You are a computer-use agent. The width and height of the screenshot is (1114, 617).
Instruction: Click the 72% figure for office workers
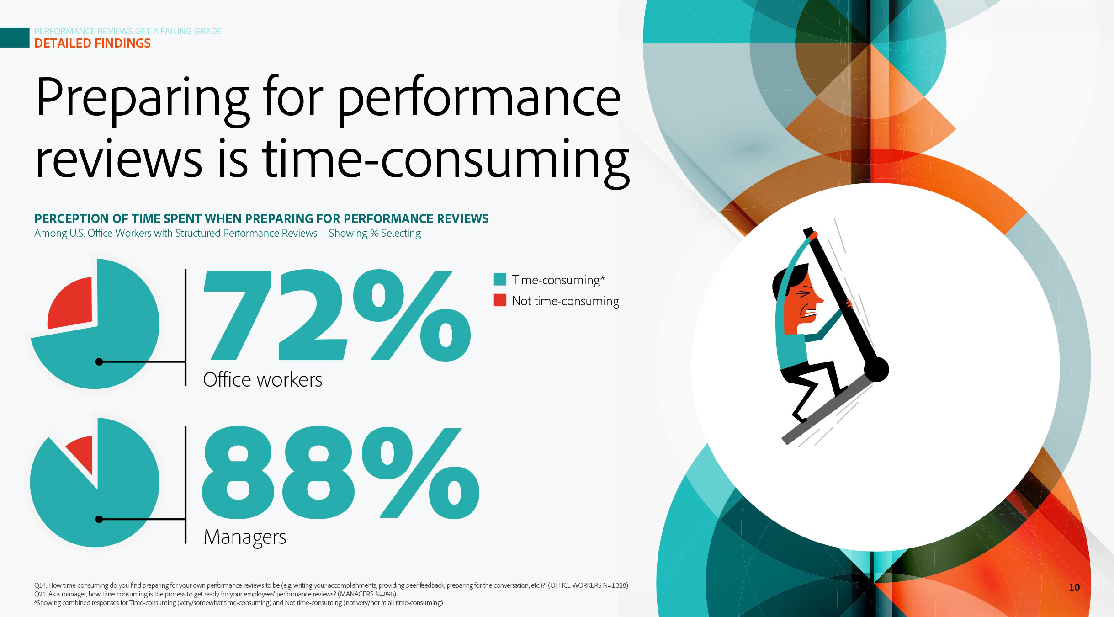pyautogui.click(x=337, y=315)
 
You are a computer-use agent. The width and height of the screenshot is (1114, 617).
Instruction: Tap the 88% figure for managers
pyautogui.click(x=340, y=473)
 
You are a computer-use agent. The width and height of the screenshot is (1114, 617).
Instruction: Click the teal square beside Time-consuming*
pyautogui.click(x=500, y=279)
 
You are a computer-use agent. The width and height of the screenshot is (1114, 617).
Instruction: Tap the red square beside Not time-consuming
pyautogui.click(x=500, y=300)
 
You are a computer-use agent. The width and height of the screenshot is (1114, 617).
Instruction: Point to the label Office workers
pyautogui.click(x=262, y=380)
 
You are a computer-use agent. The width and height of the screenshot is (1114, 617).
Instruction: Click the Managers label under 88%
pyautogui.click(x=245, y=537)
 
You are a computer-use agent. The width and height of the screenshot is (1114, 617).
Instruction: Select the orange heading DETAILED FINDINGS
pyautogui.click(x=92, y=43)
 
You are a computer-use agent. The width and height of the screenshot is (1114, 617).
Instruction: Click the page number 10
pyautogui.click(x=1074, y=587)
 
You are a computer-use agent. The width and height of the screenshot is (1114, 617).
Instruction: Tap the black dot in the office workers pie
pyautogui.click(x=99, y=362)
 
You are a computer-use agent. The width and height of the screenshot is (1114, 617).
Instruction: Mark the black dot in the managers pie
pyautogui.click(x=99, y=519)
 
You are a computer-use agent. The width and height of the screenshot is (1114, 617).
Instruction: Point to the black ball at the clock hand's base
pyautogui.click(x=876, y=369)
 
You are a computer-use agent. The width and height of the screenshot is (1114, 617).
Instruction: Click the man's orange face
pyautogui.click(x=803, y=303)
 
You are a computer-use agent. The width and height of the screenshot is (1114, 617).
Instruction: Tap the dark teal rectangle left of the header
pyautogui.click(x=15, y=37)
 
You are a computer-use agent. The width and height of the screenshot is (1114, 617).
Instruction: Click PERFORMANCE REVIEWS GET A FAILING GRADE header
pyautogui.click(x=128, y=31)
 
